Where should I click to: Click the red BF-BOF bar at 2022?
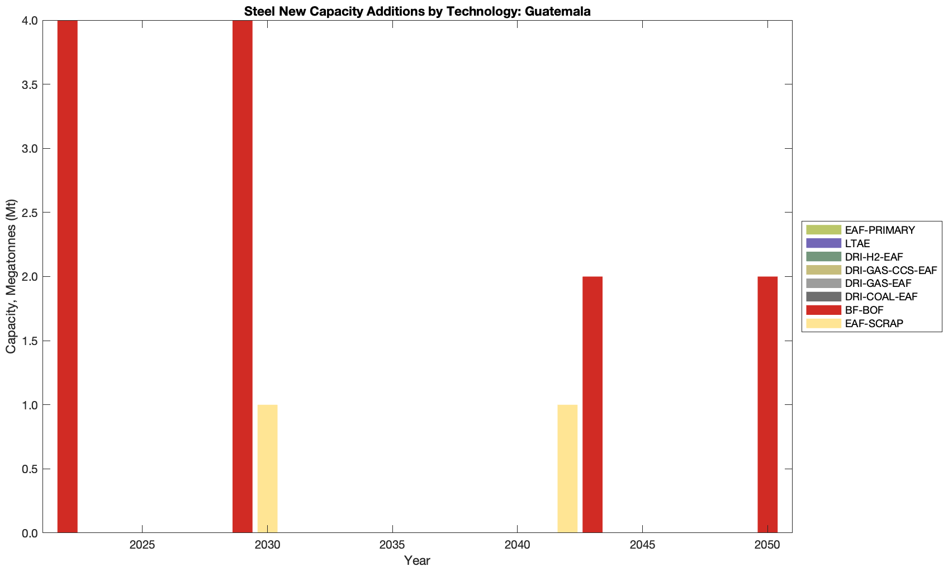pos(67,276)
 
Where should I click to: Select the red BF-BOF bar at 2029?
pos(243,276)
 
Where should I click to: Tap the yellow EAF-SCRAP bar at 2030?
pos(267,469)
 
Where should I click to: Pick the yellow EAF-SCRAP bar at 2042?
pos(567,469)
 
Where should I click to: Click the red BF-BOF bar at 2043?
pos(592,404)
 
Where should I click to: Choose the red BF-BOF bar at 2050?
pos(767,404)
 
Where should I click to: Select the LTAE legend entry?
pos(857,243)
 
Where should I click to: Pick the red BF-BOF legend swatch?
pos(823,310)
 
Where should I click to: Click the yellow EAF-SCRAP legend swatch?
pos(823,323)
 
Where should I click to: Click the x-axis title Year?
pos(417,560)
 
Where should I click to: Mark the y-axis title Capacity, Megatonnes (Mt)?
pos(11,276)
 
